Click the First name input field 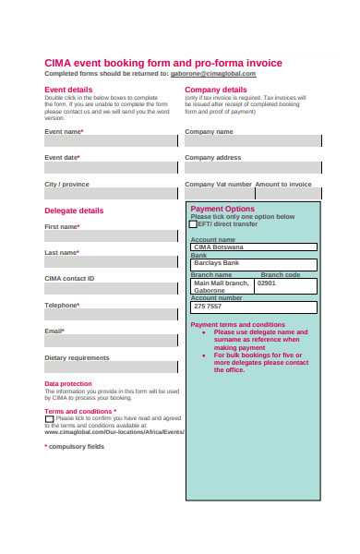point(111,236)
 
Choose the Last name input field point(111,262)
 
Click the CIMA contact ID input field point(111,288)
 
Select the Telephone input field point(111,314)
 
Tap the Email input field point(111,341)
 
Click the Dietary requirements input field point(111,367)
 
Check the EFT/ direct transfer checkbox point(194,224)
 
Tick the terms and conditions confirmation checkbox point(49,419)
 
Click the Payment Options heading point(222,209)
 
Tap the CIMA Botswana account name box point(253,247)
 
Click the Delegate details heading point(74,211)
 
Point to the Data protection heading point(68,383)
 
